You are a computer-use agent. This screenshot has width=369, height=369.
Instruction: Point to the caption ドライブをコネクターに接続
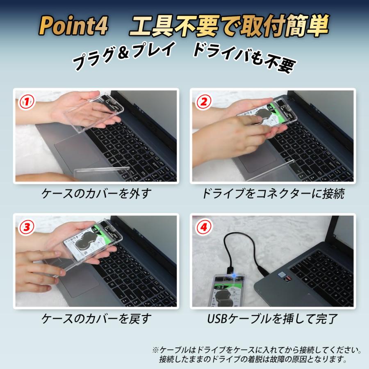click(273, 194)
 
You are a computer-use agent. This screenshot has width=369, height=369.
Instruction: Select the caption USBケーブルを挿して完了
click(273, 318)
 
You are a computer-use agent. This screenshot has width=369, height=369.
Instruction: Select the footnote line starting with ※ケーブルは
click(257, 351)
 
